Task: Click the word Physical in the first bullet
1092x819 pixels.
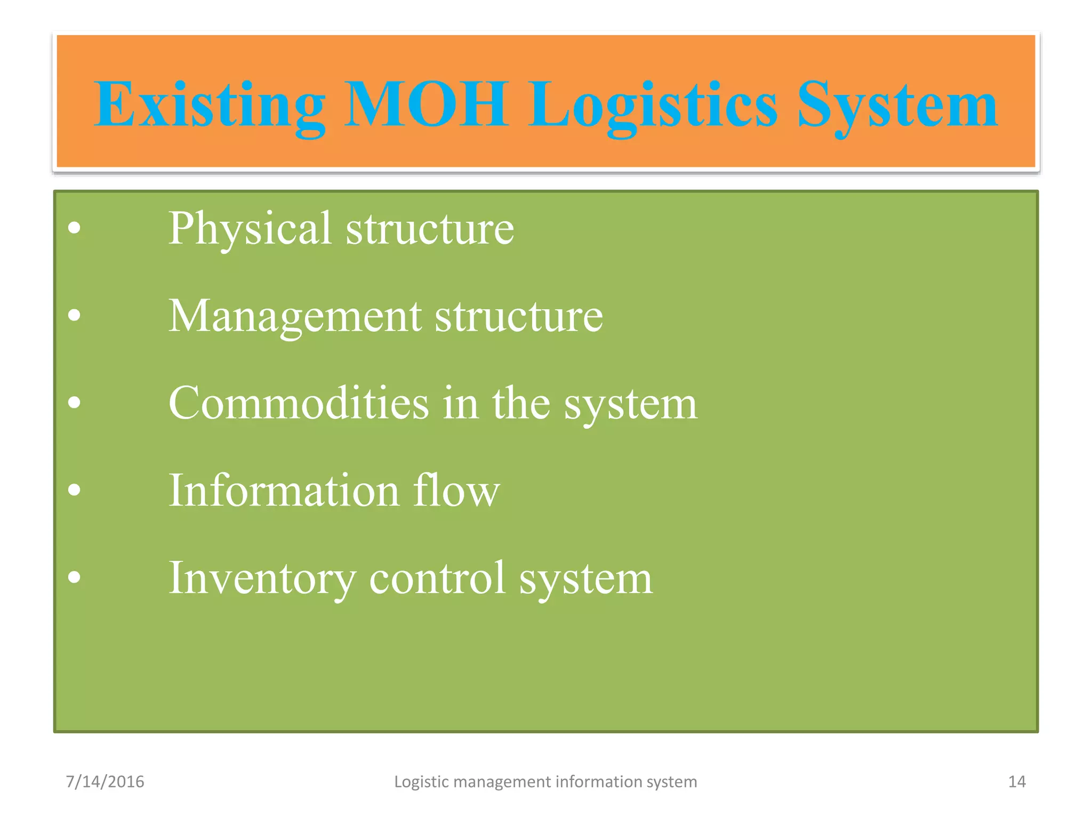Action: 250,228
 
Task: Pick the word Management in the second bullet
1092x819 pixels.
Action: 295,316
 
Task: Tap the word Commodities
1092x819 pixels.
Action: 299,403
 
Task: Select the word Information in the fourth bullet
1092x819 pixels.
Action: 284,490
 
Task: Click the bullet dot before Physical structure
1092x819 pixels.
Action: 75,228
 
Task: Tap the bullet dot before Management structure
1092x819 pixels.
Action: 75,316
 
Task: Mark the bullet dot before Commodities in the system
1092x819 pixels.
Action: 75,403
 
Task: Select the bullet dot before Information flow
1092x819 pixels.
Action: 75,490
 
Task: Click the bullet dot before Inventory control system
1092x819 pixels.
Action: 75,577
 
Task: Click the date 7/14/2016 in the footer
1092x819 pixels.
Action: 105,782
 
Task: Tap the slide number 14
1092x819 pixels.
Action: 1017,782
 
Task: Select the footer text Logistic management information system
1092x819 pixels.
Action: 545,782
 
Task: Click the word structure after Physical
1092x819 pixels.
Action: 430,228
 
